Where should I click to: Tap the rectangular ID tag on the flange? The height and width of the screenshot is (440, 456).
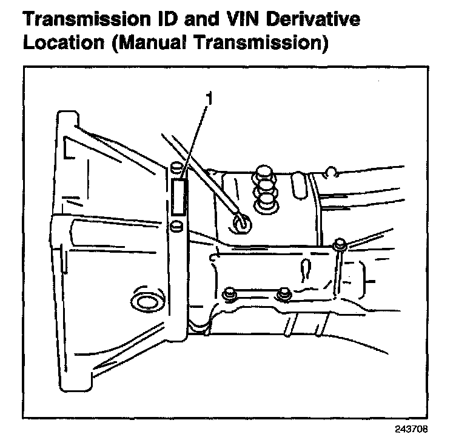click(178, 198)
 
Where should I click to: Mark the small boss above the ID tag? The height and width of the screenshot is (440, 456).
click(176, 167)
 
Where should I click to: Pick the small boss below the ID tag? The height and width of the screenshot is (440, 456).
click(176, 226)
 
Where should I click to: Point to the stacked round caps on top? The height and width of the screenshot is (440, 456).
click(264, 188)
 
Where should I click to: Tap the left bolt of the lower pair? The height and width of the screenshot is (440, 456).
click(229, 294)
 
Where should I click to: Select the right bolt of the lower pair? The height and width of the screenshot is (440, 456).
click(282, 295)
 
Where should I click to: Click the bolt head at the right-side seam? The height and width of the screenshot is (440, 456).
click(339, 244)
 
